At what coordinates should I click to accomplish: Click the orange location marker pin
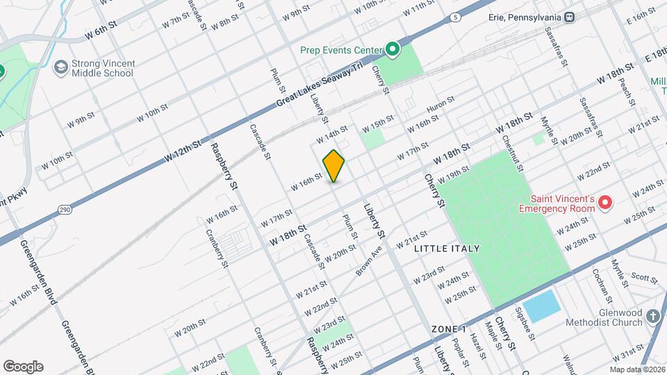coord(333,165)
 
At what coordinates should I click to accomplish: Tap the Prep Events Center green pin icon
coord(392,49)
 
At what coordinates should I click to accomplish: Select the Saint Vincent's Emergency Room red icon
coord(604,203)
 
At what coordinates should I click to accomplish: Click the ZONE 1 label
coord(448,328)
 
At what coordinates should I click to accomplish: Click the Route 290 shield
coord(64,209)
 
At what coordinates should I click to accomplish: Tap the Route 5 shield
coord(454,17)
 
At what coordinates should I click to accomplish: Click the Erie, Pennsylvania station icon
coord(569,17)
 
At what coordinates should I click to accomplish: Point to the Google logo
coord(23,366)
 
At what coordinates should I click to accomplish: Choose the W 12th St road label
coord(183,149)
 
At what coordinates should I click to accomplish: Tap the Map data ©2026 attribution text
coord(637,369)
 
